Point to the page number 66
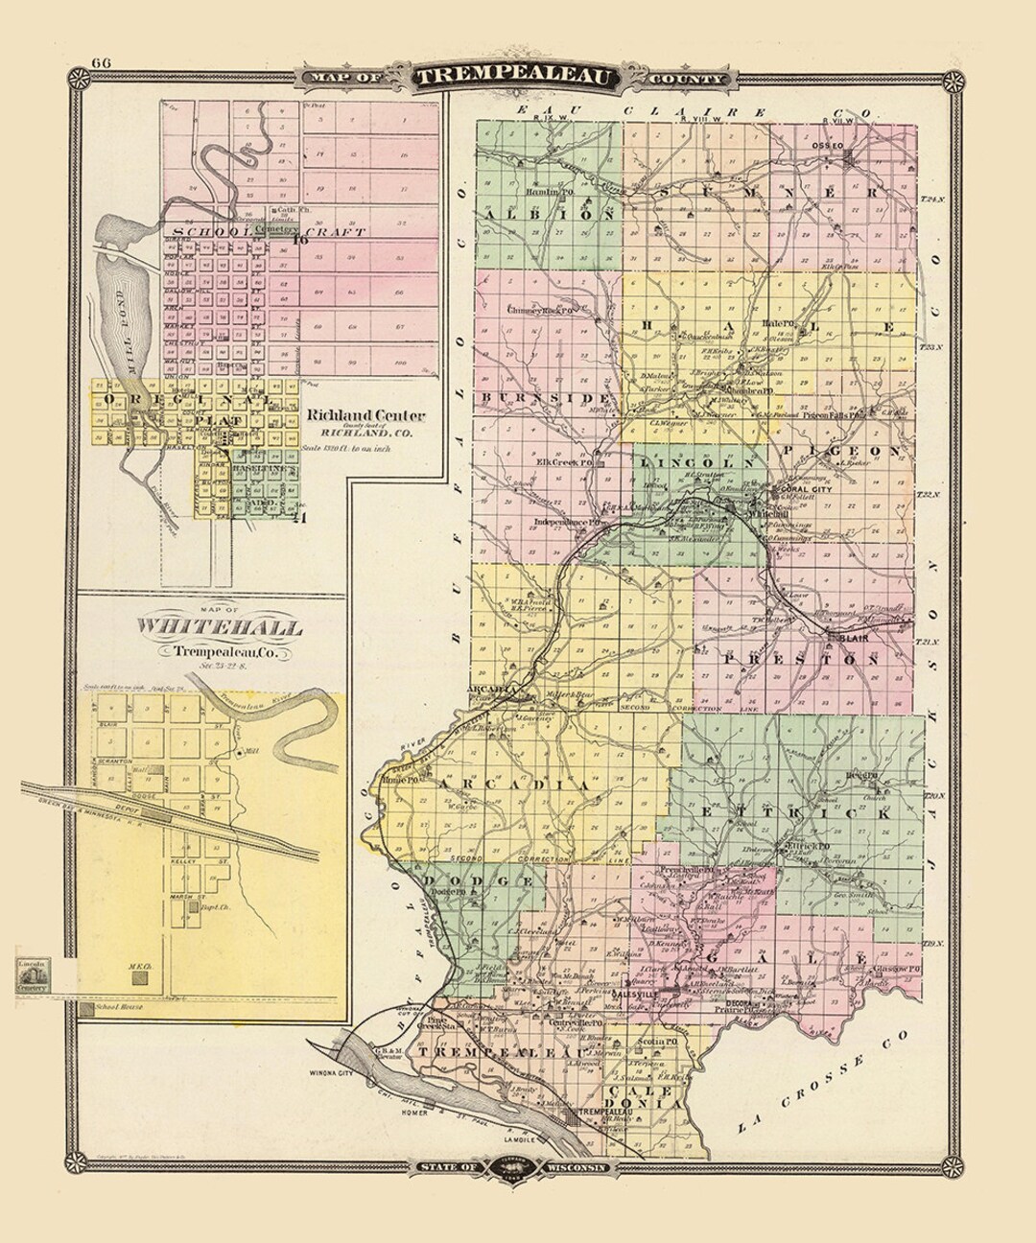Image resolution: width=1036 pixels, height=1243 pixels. click(x=101, y=64)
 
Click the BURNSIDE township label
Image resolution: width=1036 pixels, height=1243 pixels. click(x=548, y=396)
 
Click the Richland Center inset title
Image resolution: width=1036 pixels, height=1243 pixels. click(x=366, y=416)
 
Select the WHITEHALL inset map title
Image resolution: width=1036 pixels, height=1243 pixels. click(x=220, y=628)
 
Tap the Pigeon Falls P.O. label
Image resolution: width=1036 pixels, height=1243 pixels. click(x=836, y=415)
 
